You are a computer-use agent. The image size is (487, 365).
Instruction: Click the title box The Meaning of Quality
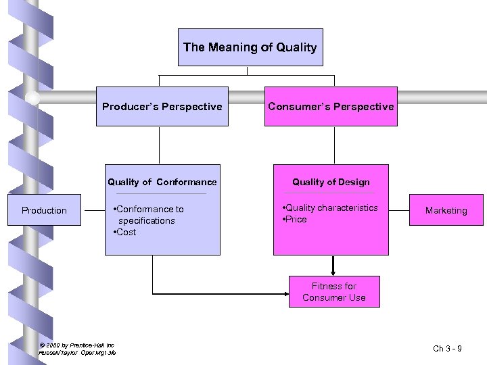tap(250, 47)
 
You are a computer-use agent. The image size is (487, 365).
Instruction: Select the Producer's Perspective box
tap(162, 106)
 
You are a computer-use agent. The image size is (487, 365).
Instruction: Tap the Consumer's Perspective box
tap(331, 106)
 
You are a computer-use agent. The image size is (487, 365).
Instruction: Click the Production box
tap(44, 210)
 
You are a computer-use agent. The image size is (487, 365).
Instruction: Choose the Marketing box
tap(446, 210)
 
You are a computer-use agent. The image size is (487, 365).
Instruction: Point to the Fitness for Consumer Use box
tap(334, 292)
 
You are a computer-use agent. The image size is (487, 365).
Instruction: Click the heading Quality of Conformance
tap(162, 182)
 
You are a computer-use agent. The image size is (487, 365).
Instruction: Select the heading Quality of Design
tap(331, 182)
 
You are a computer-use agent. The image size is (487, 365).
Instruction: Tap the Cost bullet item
tap(125, 233)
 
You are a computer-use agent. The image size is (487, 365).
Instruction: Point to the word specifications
tap(146, 221)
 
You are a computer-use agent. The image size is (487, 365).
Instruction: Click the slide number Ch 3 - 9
tap(447, 349)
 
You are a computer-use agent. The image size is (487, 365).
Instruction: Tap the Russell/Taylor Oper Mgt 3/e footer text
tap(77, 353)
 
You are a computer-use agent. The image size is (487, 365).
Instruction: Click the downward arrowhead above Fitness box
tap(333, 271)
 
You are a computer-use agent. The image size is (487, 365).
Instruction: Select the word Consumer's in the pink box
tap(296, 106)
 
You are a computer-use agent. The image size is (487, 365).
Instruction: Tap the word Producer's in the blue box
tap(129, 106)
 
